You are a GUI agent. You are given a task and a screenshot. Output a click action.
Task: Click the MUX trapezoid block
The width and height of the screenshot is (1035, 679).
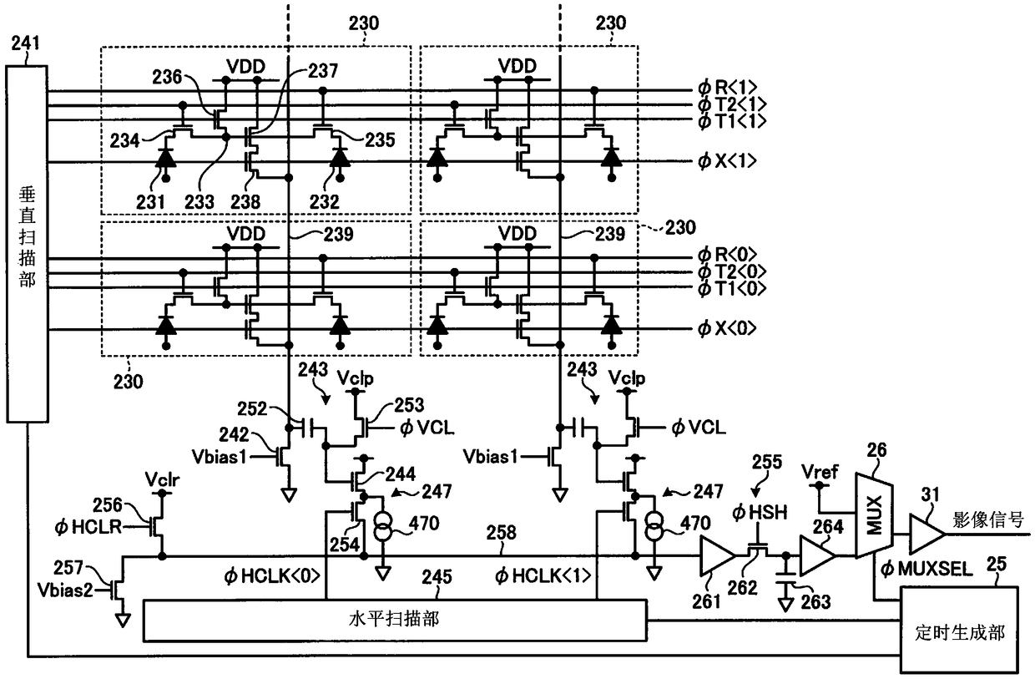874,515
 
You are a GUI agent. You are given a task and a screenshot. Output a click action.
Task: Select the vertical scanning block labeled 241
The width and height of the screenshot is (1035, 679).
27,244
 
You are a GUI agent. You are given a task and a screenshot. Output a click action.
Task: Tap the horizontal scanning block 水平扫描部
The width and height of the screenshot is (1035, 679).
395,621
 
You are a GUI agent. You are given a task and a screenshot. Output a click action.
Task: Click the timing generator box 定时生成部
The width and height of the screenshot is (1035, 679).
959,633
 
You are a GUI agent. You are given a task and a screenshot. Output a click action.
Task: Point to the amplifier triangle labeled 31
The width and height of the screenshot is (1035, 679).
926,534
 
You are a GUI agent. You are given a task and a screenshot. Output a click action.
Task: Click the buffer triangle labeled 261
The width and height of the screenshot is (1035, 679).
715,556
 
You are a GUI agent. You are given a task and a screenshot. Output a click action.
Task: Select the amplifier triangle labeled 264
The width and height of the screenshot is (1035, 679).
816,555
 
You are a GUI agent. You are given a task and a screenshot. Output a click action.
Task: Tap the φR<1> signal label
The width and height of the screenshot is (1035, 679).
727,87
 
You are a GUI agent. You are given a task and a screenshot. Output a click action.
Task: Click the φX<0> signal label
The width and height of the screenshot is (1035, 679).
727,328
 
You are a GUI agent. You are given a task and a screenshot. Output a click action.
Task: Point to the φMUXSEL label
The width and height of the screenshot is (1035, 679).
926,569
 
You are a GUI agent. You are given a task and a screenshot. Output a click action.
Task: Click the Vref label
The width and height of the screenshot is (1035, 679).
820,472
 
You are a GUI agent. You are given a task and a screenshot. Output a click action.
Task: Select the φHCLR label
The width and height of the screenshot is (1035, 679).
88,527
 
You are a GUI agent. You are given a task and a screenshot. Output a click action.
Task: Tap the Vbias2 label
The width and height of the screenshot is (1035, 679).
65,590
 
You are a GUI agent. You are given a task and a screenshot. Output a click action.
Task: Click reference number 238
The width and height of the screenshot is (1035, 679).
245,202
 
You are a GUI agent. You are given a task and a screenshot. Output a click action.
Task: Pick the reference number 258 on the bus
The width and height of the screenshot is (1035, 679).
501,533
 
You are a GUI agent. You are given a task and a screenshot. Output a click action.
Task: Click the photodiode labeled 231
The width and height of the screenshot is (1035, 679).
166,158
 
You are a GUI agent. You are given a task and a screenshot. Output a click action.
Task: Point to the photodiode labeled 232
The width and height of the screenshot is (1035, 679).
340,158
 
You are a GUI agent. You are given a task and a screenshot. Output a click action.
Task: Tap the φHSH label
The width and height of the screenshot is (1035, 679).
760,513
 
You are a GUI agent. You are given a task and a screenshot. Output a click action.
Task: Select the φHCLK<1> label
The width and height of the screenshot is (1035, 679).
543,576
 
